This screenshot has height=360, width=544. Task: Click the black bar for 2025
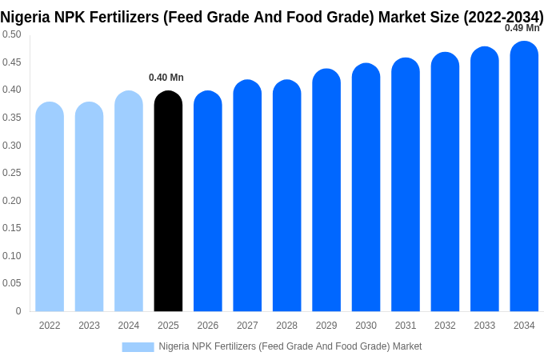[168, 202]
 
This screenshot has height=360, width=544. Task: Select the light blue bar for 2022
[50, 207]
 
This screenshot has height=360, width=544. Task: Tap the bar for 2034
[524, 177]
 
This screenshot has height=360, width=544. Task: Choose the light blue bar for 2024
[129, 202]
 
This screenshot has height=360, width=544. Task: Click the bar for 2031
[406, 185]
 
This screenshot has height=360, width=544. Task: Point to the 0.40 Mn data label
[166, 78]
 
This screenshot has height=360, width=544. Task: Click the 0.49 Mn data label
[522, 28]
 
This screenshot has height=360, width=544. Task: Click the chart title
[272, 16]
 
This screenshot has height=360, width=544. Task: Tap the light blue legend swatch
[138, 346]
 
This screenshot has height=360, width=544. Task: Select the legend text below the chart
[290, 346]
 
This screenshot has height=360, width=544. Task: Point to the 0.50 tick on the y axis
[12, 34]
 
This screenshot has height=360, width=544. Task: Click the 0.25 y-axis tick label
[12, 173]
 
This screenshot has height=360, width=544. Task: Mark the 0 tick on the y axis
[18, 311]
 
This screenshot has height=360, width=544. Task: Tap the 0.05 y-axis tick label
[12, 283]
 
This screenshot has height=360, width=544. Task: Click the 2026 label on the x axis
[208, 326]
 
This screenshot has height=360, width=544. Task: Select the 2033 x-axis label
[485, 326]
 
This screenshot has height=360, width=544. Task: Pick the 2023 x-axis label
[89, 326]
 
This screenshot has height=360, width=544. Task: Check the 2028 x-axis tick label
[286, 326]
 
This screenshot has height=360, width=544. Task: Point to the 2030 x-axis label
[366, 326]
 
